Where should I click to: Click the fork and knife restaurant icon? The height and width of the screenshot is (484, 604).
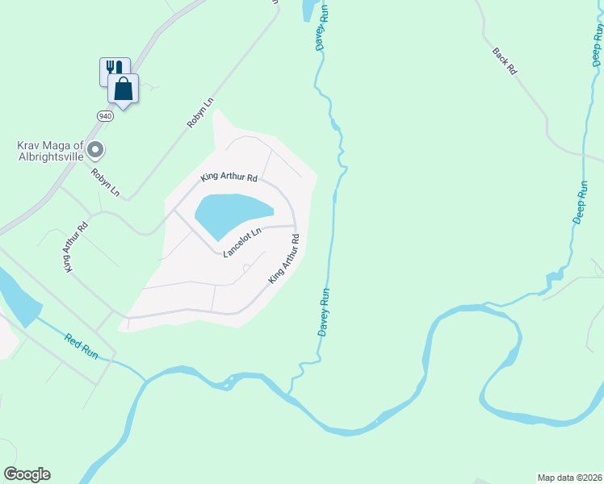(x=112, y=69)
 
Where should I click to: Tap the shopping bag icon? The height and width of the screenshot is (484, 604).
(x=124, y=88)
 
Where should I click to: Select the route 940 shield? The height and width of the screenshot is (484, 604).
(x=106, y=115)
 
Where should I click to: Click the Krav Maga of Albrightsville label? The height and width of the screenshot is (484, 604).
(x=50, y=151)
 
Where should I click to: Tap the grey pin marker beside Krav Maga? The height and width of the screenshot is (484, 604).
(x=96, y=148)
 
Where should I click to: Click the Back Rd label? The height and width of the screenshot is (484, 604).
(x=504, y=61)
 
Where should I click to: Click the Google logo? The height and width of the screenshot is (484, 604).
(x=27, y=474)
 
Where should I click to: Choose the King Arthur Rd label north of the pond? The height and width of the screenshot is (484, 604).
(x=229, y=177)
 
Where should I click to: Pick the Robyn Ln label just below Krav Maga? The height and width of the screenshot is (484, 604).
(x=105, y=182)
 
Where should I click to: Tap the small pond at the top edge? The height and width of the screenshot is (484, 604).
(x=308, y=10)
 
